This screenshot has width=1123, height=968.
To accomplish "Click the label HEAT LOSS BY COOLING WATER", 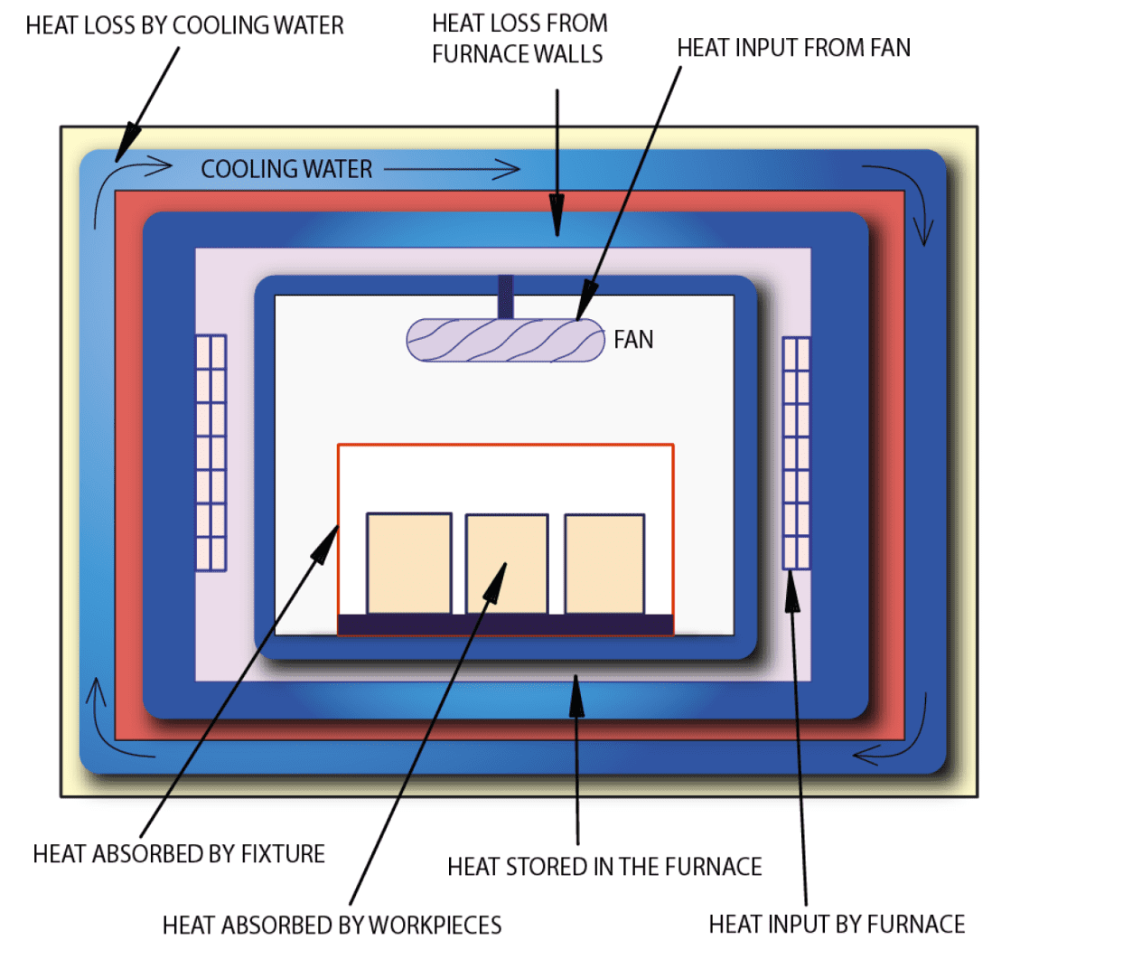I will (184, 25).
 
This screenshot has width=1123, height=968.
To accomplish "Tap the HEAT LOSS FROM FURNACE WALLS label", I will (519, 39).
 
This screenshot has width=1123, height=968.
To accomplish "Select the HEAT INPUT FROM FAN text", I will (793, 48).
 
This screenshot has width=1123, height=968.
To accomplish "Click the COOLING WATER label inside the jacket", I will (286, 169).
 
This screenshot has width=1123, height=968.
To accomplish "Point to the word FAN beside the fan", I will (633, 340).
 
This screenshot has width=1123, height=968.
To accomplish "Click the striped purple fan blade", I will (504, 341).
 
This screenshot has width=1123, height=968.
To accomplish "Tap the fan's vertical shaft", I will (505, 296).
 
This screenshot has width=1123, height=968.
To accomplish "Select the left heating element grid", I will (211, 453).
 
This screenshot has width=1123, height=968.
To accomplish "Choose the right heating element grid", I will (796, 453).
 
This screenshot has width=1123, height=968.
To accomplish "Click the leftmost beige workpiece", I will (408, 563).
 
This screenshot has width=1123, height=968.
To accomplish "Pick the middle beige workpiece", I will (506, 564).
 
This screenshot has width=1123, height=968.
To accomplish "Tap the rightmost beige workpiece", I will (604, 564).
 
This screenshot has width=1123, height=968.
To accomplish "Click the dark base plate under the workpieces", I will (505, 625).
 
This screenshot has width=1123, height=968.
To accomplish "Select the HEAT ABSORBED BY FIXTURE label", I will (179, 854).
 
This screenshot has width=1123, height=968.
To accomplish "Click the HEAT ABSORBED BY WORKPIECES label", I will (332, 926).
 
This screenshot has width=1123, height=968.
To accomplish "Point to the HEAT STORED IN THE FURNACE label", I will (604, 867).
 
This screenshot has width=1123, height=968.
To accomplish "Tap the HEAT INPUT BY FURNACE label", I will (837, 925).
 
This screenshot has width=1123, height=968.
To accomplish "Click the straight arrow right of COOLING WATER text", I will (452, 169).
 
